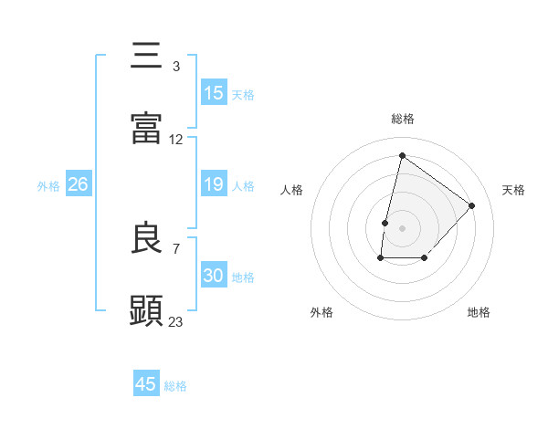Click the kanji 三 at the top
pos(147,57)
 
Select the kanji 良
pos(147,238)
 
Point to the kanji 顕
pos(147,310)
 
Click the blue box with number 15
pos(214,93)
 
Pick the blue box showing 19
pos(214,184)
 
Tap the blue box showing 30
pos(214,276)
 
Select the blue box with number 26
pos(79,184)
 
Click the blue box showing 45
pos(146,384)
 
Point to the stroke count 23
pos(176,321)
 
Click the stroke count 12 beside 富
pos(176,140)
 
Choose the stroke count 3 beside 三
pos(175,67)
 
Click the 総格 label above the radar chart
pos(403,119)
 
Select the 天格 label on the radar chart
pos(514,190)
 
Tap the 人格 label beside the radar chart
pos(292,190)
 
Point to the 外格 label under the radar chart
pos(321,312)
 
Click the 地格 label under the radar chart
pos(479,312)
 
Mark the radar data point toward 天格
pos(472,205)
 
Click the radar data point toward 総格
pos(402,156)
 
